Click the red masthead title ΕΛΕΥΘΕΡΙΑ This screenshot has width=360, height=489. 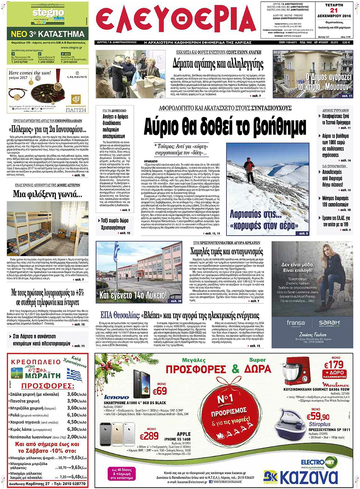pyautogui.click(x=175, y=21)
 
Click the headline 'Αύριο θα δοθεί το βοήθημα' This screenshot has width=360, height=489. pyautogui.click(x=225, y=127)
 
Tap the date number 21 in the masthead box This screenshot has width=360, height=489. pyautogui.click(x=334, y=11)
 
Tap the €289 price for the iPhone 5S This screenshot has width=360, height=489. pyautogui.click(x=149, y=436)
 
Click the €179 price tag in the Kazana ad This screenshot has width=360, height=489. pyautogui.click(x=334, y=364)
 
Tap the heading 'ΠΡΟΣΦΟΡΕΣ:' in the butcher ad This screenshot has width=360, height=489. pyautogui.click(x=47, y=386)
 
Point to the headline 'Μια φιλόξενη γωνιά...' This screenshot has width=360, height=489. pyautogui.click(x=48, y=194)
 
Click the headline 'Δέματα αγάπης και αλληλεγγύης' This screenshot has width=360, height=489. pyautogui.click(x=218, y=64)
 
